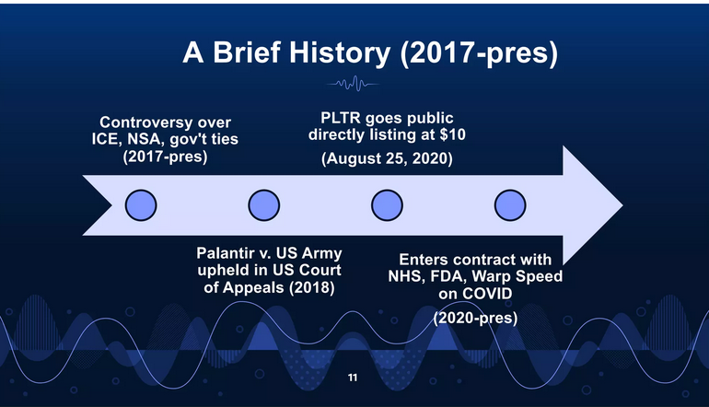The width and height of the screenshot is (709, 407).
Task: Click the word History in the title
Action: (340, 52)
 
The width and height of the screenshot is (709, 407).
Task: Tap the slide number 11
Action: (353, 378)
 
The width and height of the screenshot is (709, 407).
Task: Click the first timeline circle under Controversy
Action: (141, 205)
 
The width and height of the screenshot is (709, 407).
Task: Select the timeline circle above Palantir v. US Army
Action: (264, 205)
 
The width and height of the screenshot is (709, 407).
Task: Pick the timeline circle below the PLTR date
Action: (387, 205)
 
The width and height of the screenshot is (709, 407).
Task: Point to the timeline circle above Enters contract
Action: (510, 205)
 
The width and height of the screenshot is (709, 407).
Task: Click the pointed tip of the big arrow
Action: (622, 205)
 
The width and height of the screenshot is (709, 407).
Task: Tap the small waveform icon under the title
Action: (353, 84)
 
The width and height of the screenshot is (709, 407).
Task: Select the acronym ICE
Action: (104, 139)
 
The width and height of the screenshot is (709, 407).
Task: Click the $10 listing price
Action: (452, 134)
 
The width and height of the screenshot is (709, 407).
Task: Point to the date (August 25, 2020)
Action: (387, 158)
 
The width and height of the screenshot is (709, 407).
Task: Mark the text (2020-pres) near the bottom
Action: (475, 318)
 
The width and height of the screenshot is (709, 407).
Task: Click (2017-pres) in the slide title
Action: (479, 53)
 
